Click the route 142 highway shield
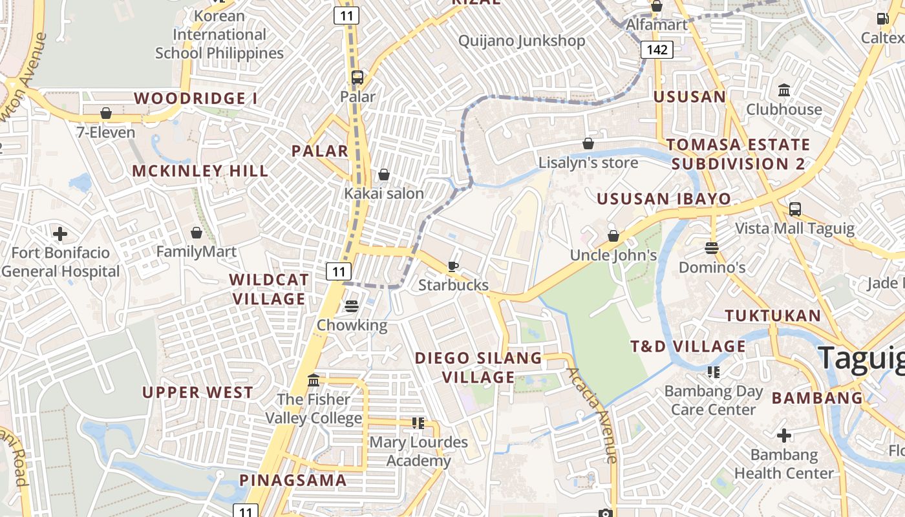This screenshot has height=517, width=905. [x=657, y=50]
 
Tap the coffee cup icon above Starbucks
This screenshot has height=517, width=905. [x=453, y=266]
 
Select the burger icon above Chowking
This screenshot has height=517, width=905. [x=352, y=306]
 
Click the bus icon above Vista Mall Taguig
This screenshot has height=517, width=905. [x=794, y=209]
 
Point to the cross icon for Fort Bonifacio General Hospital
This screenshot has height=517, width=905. [x=60, y=233]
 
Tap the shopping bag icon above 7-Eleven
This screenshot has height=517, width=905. [x=106, y=114]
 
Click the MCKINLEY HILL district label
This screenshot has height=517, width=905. [x=200, y=171]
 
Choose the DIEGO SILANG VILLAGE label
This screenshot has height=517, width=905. [x=478, y=367]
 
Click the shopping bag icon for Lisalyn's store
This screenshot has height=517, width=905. [x=588, y=143]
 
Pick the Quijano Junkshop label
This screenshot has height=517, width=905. [x=521, y=41]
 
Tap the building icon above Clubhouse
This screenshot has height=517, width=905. [x=784, y=90]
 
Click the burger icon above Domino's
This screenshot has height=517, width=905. [x=712, y=248]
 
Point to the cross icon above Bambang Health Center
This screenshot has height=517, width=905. [x=783, y=436]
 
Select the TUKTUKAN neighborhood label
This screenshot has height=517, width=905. [x=772, y=315]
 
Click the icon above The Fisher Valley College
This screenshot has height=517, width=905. [x=314, y=380]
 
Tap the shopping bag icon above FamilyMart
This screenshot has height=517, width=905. [x=197, y=233]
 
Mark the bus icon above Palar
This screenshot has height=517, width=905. [x=357, y=78]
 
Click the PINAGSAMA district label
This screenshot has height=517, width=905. [x=293, y=480]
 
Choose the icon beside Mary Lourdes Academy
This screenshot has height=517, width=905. [x=418, y=423]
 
